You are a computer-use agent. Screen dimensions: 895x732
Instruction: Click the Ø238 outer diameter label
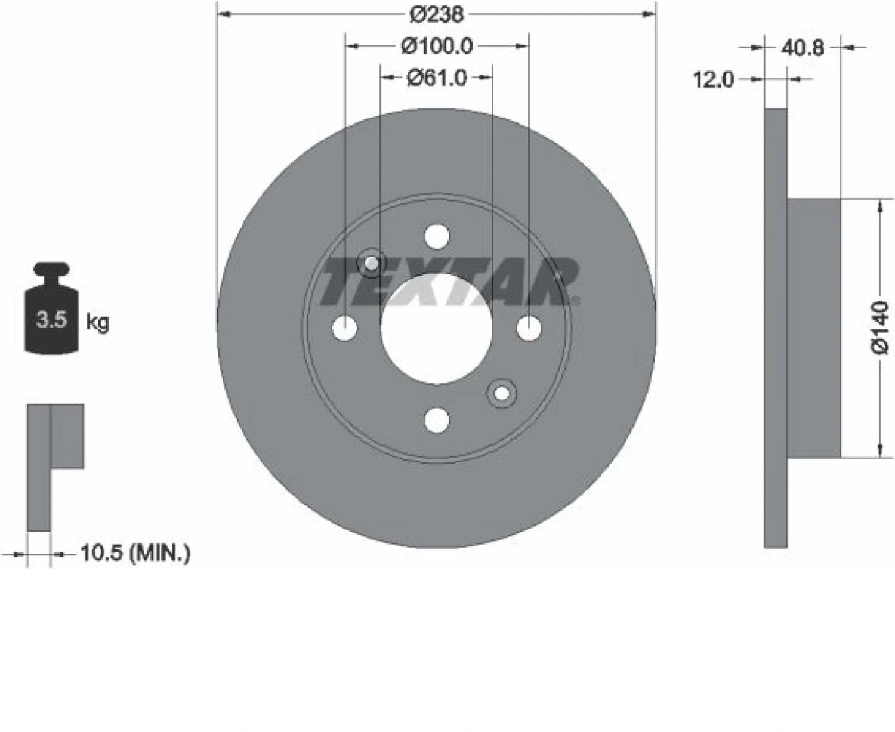click(437, 15)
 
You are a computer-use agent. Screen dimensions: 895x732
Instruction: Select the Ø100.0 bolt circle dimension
click(437, 47)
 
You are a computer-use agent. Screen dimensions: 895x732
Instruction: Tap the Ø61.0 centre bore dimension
click(437, 78)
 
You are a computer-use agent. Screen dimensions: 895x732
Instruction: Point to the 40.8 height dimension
click(803, 48)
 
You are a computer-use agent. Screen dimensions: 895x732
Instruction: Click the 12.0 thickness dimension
click(713, 79)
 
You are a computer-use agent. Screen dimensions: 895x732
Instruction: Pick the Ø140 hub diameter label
click(879, 327)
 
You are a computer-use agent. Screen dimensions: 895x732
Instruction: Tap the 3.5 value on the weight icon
click(51, 320)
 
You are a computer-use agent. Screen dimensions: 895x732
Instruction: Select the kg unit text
click(98, 323)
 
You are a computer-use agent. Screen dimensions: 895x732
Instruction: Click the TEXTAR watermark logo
click(450, 282)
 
